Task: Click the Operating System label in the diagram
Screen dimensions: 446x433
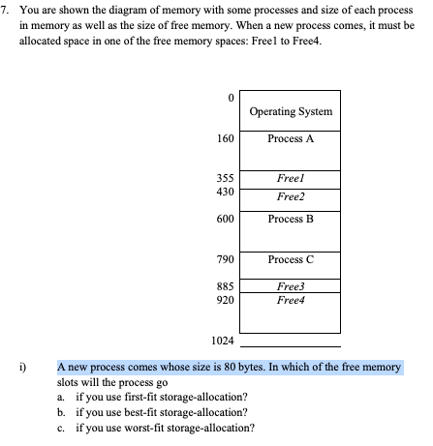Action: [x=290, y=111]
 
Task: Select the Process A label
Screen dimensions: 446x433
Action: [x=290, y=138]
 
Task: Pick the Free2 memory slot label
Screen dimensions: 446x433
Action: [x=290, y=196]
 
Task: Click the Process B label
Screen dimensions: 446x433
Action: [x=290, y=219]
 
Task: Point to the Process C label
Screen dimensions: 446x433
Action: [x=290, y=259]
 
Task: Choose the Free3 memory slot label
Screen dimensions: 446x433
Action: [x=290, y=287]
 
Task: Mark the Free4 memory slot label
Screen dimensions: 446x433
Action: [x=290, y=301]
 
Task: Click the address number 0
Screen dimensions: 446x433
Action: [x=230, y=98]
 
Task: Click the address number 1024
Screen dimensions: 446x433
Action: [x=222, y=341]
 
